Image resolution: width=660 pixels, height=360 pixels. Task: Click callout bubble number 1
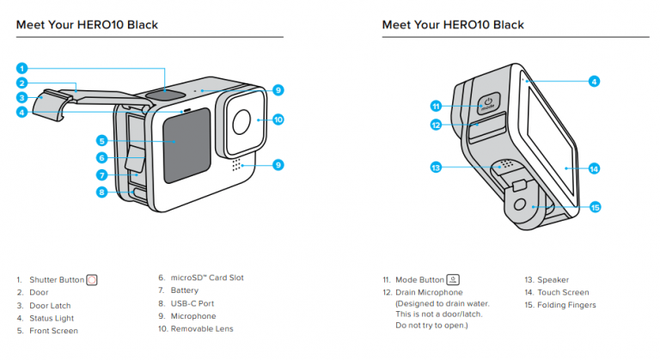click(x=22, y=68)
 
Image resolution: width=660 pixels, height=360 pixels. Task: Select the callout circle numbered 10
click(x=278, y=119)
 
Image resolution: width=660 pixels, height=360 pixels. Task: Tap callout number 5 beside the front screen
click(x=101, y=140)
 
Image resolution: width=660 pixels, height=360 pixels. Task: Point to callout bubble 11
click(x=436, y=106)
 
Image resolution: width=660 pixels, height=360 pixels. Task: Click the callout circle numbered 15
click(x=595, y=207)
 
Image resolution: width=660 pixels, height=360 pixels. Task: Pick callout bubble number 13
click(x=436, y=167)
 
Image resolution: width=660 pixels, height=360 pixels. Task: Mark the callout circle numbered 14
click(x=594, y=168)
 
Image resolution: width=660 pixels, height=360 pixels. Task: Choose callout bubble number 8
click(x=101, y=192)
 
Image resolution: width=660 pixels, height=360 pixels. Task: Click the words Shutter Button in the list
click(x=56, y=280)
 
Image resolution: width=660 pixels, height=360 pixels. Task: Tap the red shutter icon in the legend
click(x=92, y=280)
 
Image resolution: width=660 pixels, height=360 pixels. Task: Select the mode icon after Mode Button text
click(x=453, y=280)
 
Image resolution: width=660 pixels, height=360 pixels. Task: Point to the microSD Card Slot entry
click(x=206, y=278)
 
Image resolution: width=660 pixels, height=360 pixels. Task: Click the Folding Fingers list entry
click(x=565, y=305)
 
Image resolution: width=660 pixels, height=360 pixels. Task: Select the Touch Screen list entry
click(x=561, y=292)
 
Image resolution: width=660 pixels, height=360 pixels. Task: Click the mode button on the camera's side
click(x=487, y=104)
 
